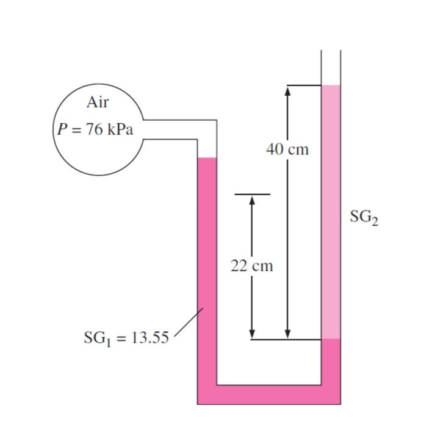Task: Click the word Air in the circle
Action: [x=98, y=102]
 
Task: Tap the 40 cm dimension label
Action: [x=287, y=149]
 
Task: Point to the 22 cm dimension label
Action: [x=251, y=266]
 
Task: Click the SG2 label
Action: [x=364, y=217]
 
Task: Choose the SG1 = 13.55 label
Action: [x=126, y=337]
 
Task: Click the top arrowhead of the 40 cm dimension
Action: [x=287, y=90]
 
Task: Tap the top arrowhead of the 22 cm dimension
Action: [x=251, y=200]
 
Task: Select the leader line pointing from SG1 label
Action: [x=189, y=321]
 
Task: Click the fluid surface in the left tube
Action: [x=207, y=158]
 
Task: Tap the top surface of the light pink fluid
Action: [x=331, y=86]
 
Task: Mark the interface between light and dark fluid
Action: [x=331, y=339]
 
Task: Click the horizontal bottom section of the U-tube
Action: [x=269, y=395]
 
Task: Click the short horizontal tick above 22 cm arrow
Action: [x=251, y=195]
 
